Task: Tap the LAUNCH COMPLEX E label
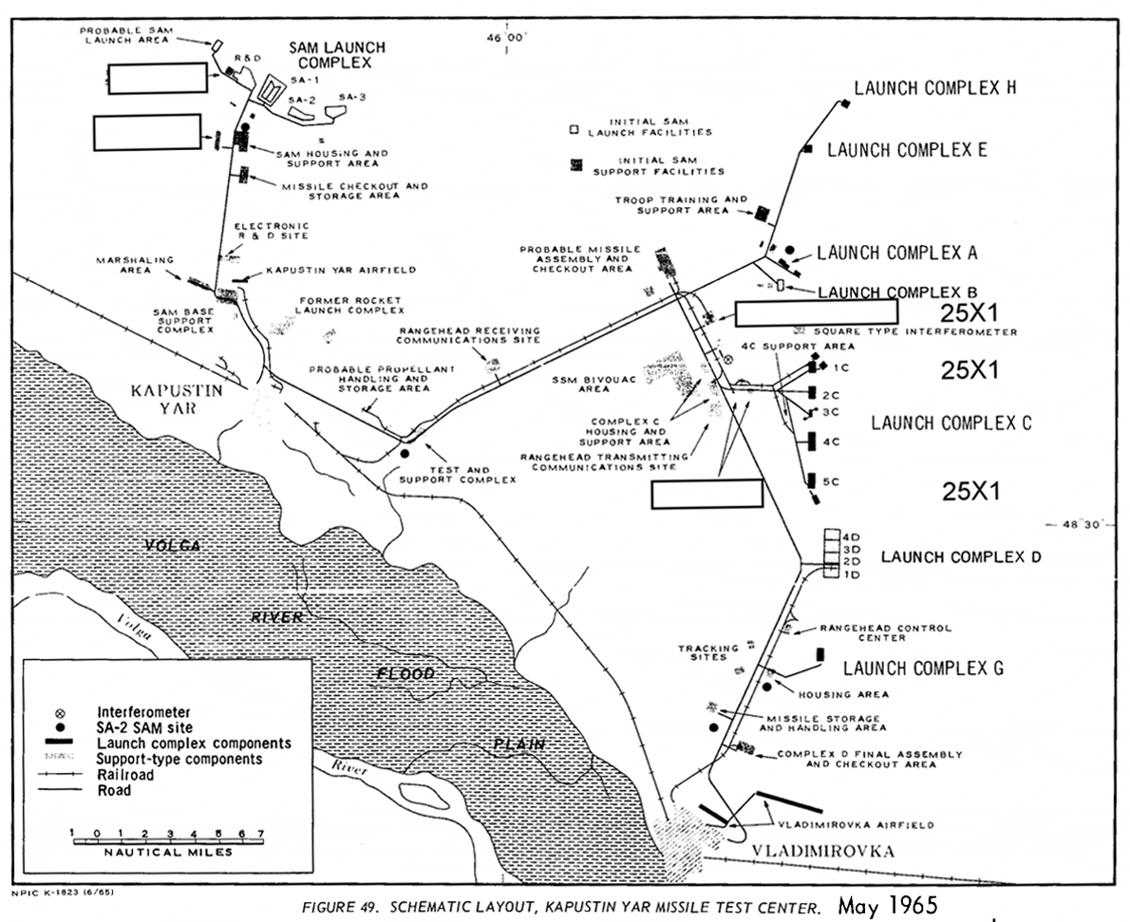(907, 150)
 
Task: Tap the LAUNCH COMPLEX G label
(923, 668)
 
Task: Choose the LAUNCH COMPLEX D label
(960, 556)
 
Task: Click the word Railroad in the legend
(125, 774)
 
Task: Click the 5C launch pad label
(831, 482)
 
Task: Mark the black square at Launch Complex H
(842, 102)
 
